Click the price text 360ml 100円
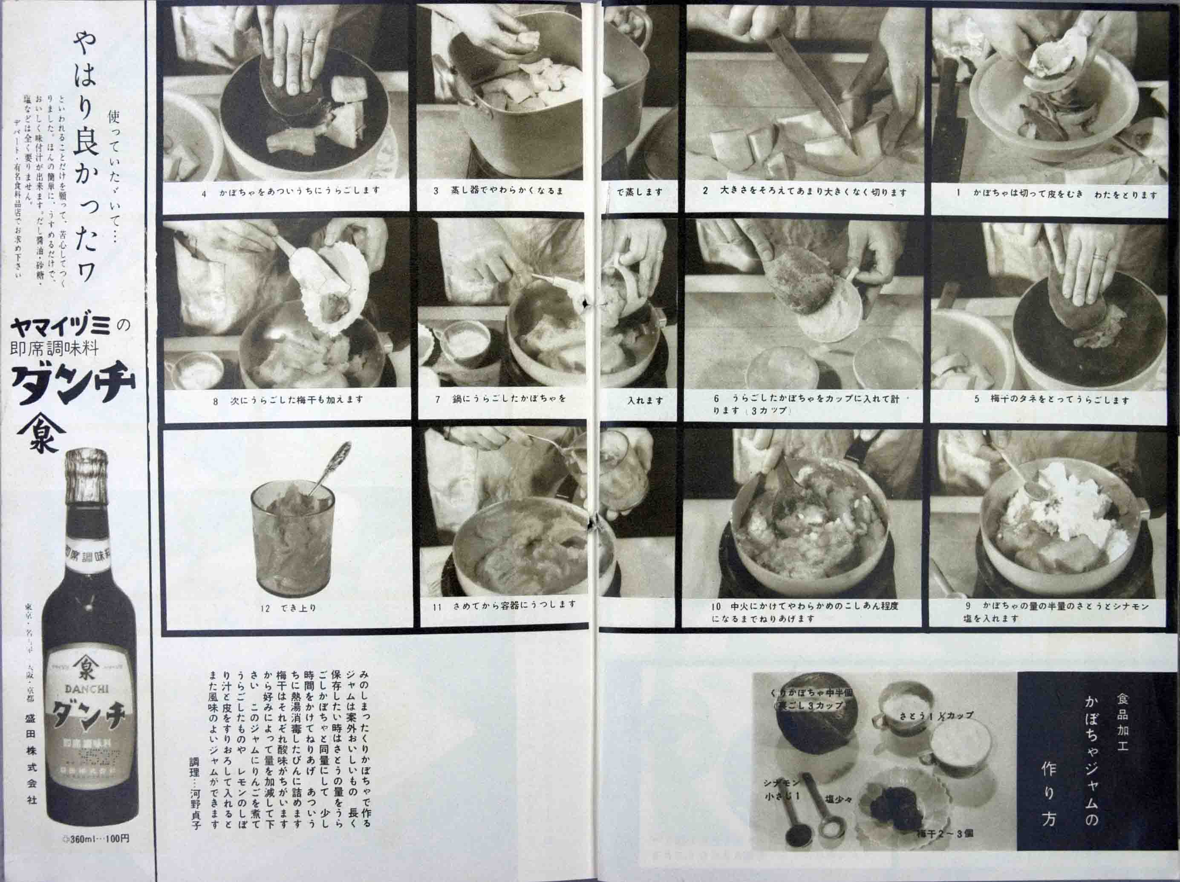[96, 853]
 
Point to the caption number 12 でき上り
[289, 608]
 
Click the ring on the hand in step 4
[309, 40]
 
